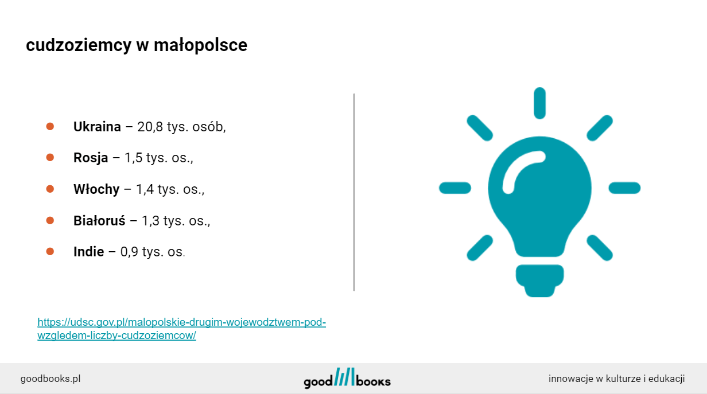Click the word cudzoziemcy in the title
pyautogui.click(x=79, y=45)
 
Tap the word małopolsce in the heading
pyautogui.click(x=200, y=45)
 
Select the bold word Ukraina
pyautogui.click(x=97, y=127)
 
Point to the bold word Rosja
pyautogui.click(x=91, y=158)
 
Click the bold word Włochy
pyautogui.click(x=96, y=189)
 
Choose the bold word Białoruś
pyautogui.click(x=99, y=220)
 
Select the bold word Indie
pyautogui.click(x=89, y=252)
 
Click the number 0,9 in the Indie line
pyautogui.click(x=129, y=252)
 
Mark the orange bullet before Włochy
pyautogui.click(x=50, y=189)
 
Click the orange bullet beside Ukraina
pyautogui.click(x=50, y=126)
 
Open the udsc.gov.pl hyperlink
pyautogui.click(x=181, y=329)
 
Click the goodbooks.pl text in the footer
pyautogui.click(x=50, y=379)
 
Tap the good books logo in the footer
pyautogui.click(x=347, y=378)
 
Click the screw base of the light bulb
pyautogui.click(x=539, y=280)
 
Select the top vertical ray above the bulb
pyautogui.click(x=539, y=103)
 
